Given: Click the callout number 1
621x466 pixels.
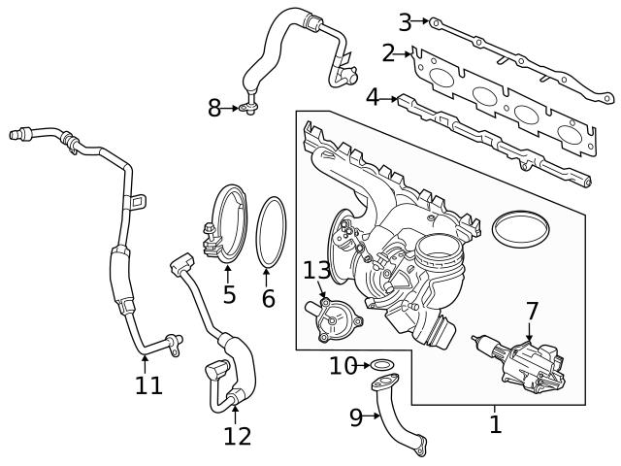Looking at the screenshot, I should (495, 424).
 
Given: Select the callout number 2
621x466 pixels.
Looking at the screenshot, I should (388, 52).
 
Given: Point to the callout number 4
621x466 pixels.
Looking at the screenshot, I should (373, 97).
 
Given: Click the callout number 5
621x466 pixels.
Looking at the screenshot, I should (229, 294).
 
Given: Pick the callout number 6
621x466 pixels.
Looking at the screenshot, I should (269, 298).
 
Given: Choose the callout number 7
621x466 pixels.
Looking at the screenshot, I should (531, 312).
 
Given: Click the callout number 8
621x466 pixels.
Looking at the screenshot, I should (214, 108).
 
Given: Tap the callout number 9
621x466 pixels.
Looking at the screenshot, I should (356, 417).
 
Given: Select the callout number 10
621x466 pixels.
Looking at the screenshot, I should (343, 366).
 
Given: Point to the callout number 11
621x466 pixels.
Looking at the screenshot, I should (148, 385).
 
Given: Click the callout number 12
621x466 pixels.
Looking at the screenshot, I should (237, 436).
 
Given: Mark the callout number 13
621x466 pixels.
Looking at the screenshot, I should (317, 270).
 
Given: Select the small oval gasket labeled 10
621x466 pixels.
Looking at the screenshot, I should (384, 367).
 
